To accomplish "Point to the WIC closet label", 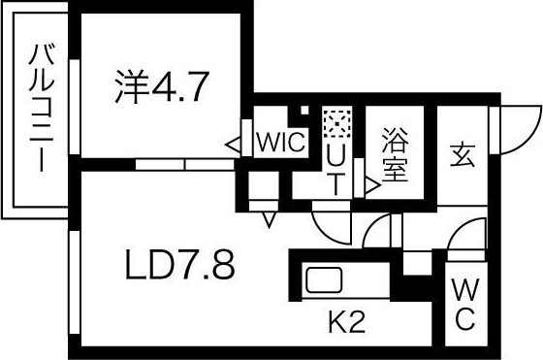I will (x=280, y=144).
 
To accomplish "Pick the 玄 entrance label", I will (x=461, y=153).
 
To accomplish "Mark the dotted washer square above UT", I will (x=335, y=124).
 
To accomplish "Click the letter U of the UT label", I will (x=335, y=153).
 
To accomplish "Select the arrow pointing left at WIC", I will (x=234, y=145).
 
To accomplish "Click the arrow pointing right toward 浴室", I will (x=371, y=183).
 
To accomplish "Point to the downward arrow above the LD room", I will (x=269, y=219).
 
